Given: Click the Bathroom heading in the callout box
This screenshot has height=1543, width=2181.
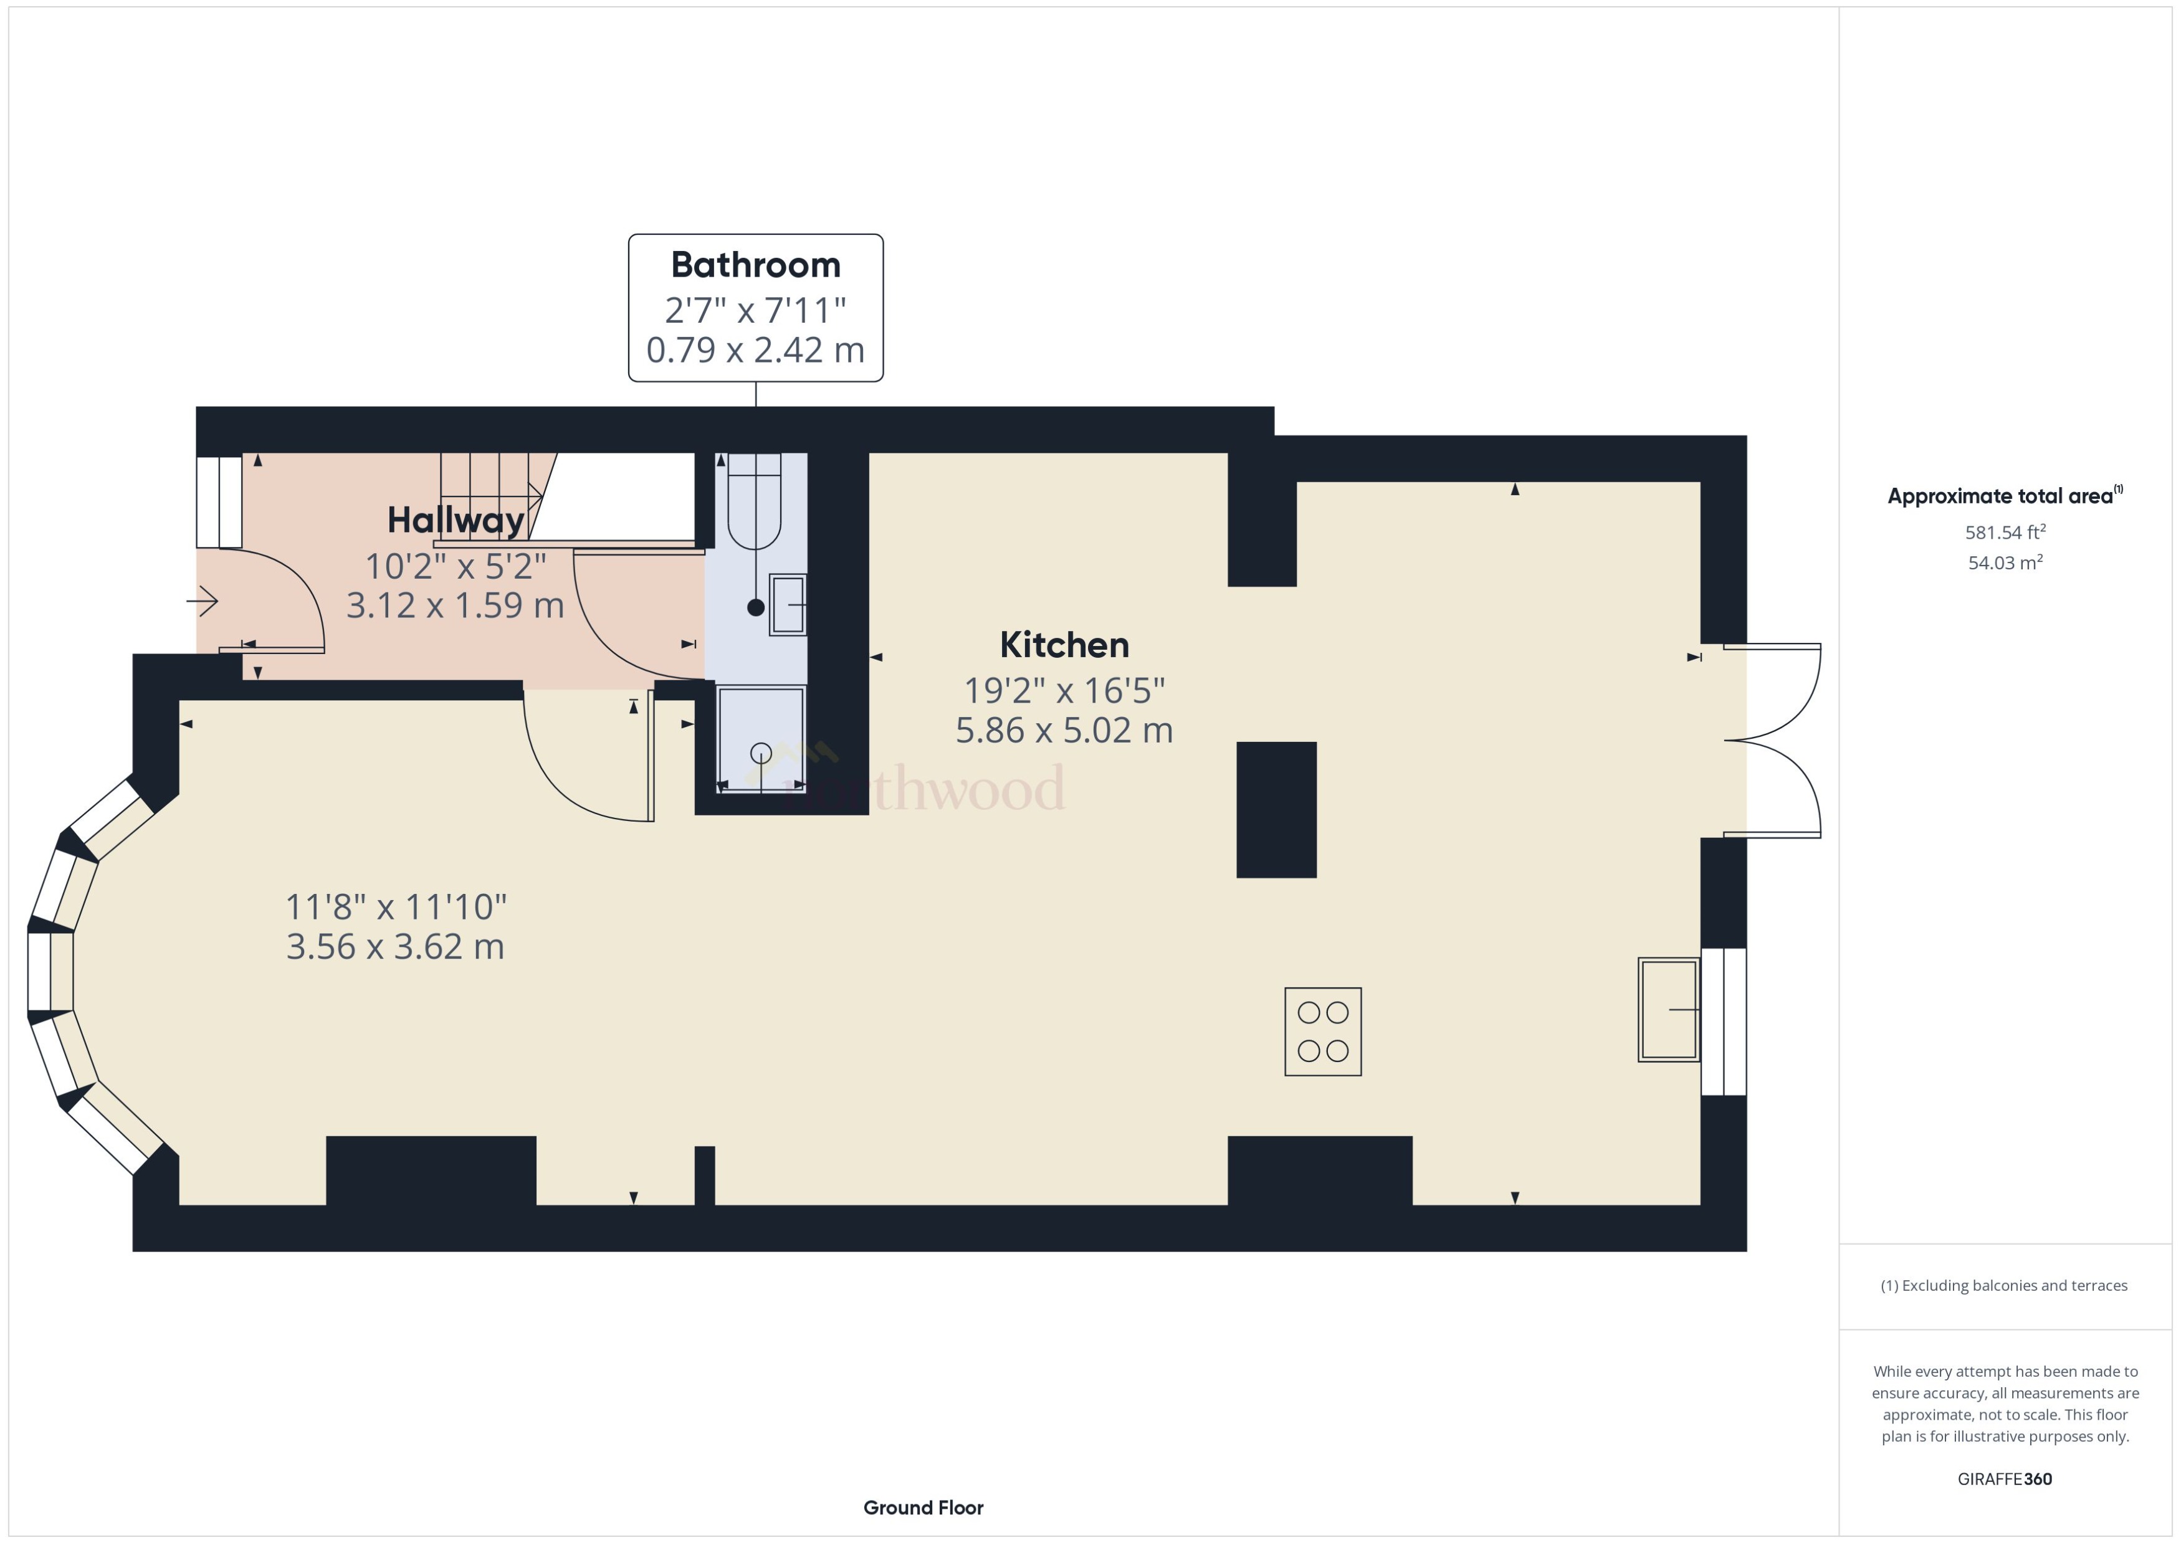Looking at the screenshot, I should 755,265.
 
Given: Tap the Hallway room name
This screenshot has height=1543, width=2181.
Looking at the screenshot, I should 456,521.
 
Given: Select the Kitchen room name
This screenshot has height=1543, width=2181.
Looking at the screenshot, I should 1064,645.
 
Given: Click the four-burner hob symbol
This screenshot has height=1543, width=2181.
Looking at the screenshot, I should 1323,1032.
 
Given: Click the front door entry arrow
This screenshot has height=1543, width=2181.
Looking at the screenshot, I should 203,601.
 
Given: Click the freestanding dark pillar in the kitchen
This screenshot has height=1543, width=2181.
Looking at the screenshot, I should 1276,810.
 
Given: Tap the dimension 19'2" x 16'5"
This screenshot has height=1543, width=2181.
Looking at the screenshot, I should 1064,691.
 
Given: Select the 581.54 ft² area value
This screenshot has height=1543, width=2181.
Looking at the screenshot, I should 2005,533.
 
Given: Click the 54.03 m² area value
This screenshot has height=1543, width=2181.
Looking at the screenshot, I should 2005,563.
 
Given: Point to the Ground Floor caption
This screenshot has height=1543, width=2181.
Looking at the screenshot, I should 923,1507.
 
